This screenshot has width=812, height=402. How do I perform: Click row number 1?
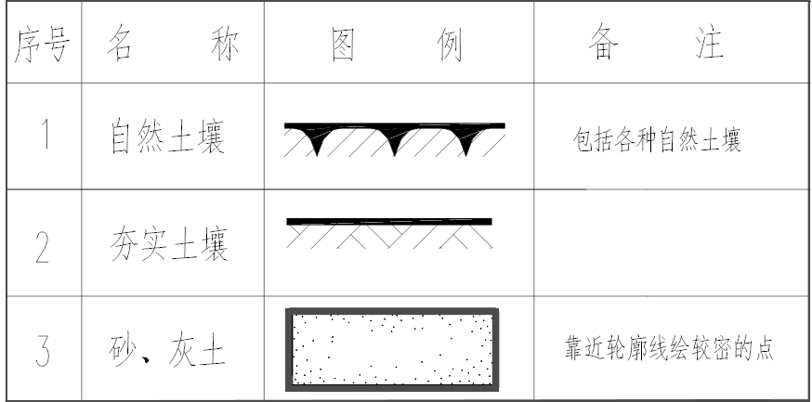click(x=43, y=137)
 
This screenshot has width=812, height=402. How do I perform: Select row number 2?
click(x=43, y=245)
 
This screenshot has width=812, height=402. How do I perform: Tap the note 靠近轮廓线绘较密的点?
click(x=669, y=350)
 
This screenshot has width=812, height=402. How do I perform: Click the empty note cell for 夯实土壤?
click(x=669, y=243)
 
